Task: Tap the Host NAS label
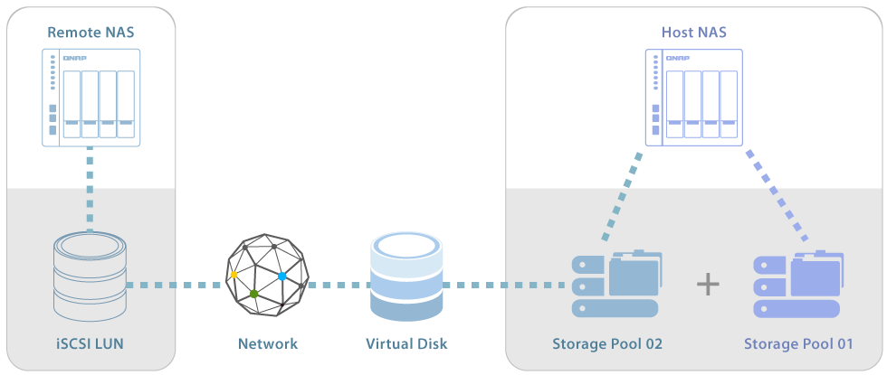pyautogui.click(x=694, y=33)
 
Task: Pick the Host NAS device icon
pyautogui.click(x=694, y=98)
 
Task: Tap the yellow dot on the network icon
pyautogui.click(x=234, y=274)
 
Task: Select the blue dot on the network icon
pyautogui.click(x=282, y=276)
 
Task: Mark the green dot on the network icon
pyautogui.click(x=254, y=294)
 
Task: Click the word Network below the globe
pyautogui.click(x=267, y=343)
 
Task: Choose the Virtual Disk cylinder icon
pyautogui.click(x=406, y=277)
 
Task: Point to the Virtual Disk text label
pyautogui.click(x=406, y=343)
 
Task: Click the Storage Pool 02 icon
pyautogui.click(x=616, y=285)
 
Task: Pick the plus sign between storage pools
pyautogui.click(x=708, y=285)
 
